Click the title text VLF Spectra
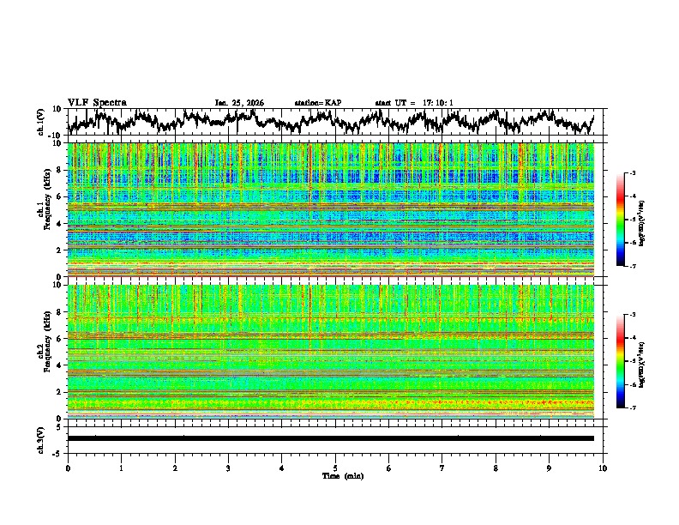pos(97,102)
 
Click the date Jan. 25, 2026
pos(239,103)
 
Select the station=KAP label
pos(317,103)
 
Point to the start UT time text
pos(414,103)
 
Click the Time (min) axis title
pos(342,475)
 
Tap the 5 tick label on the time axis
pos(335,468)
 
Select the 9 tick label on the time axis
pos(550,468)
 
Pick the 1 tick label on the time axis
pos(121,468)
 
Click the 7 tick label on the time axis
pos(442,468)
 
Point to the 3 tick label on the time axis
pos(228,468)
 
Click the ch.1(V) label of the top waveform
pos(41,122)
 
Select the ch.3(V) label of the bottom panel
pos(41,438)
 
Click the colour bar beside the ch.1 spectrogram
pos(629,220)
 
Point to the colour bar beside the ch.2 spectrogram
pos(629,361)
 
